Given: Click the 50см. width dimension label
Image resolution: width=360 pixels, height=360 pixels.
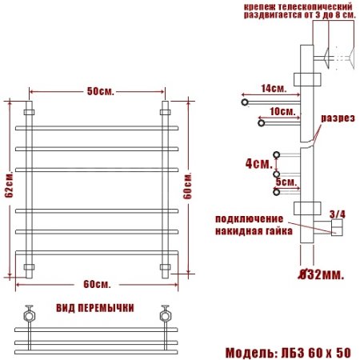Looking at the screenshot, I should click(x=100, y=91).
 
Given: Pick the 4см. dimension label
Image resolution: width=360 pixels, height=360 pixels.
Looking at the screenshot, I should click(x=257, y=163).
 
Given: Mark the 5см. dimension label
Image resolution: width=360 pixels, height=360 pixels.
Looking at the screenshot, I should click(x=286, y=182).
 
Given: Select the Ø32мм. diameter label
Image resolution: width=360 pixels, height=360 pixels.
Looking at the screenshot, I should click(x=321, y=274).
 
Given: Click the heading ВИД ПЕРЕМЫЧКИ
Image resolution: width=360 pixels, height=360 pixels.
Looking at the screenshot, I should click(x=95, y=308).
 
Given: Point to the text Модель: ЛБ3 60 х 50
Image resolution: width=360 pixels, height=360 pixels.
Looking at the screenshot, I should click(x=288, y=352).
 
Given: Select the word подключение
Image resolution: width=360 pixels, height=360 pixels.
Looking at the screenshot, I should click(x=248, y=218).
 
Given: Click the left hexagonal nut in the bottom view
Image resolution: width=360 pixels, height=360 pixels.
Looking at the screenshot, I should click(x=30, y=313).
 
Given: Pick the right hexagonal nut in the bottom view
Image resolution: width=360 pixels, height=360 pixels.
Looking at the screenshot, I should click(x=166, y=313).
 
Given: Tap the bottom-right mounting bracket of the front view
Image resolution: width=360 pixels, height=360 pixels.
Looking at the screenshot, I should click(x=166, y=266).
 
